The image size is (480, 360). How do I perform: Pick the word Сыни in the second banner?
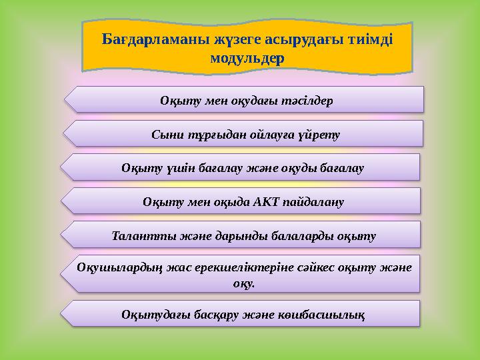coord(165,135)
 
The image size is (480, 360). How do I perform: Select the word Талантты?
coord(136,236)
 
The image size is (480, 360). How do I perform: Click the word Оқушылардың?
coord(120,267)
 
